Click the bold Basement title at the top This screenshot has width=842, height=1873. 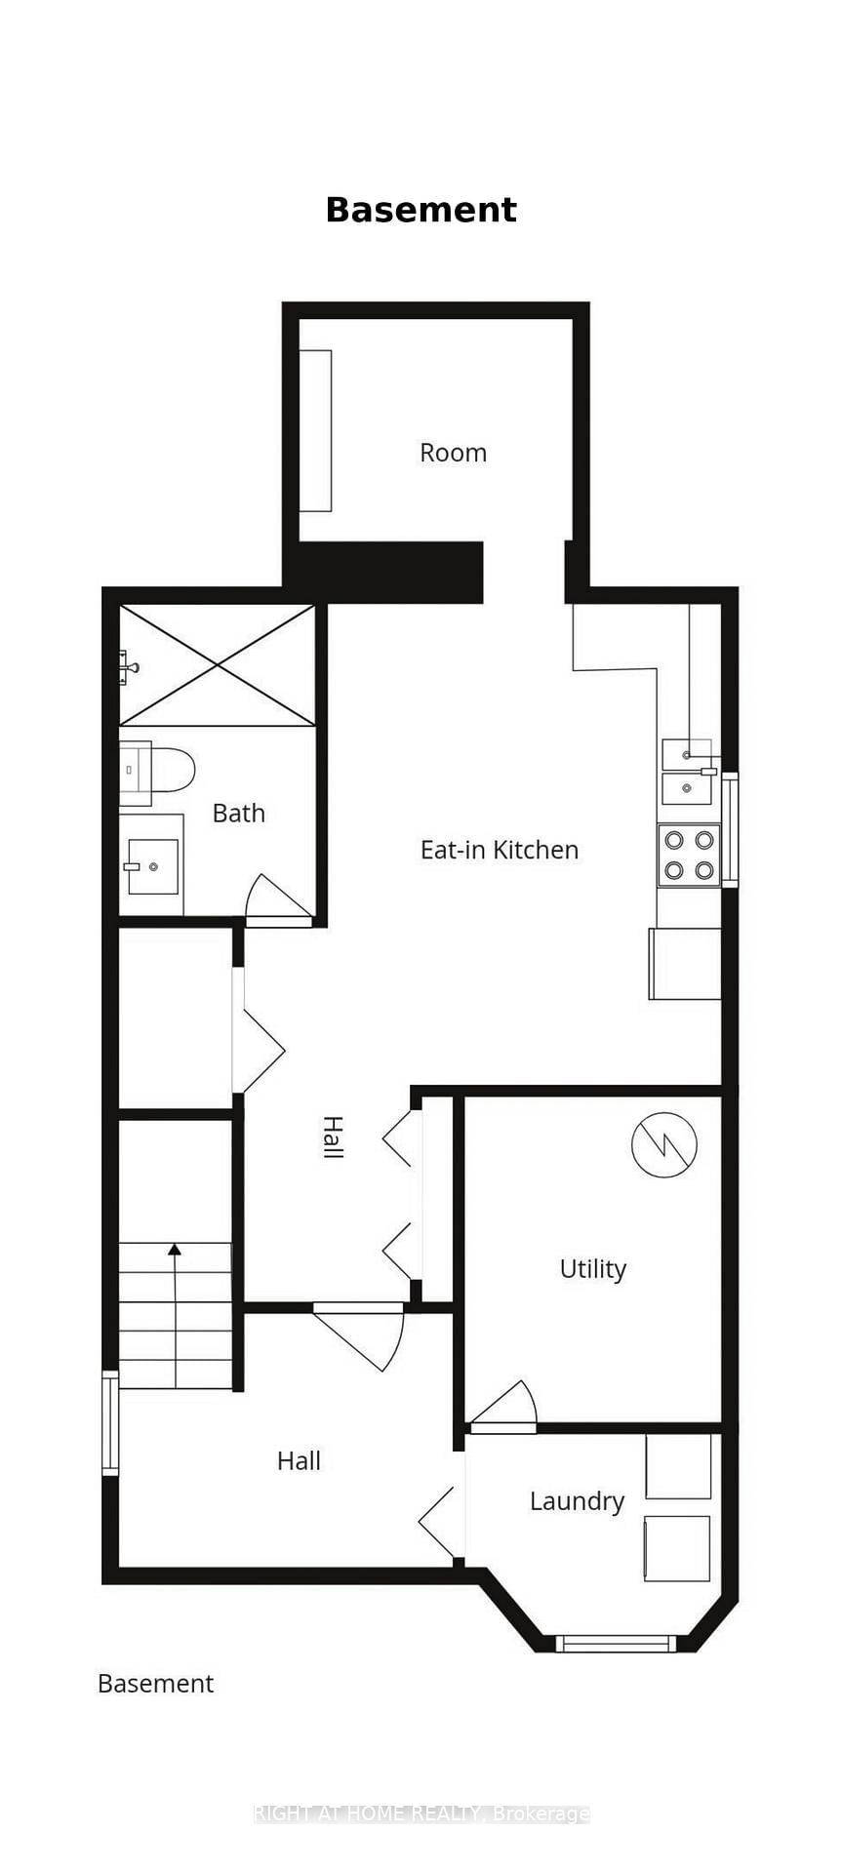pos(421,210)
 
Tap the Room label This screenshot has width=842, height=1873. pos(453,453)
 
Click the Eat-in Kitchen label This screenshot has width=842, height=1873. pos(499,850)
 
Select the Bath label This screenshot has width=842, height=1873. pos(238,813)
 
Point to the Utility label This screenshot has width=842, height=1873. pos(592,1269)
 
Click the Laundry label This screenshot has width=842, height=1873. pos(577,1501)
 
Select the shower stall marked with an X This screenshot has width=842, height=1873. pos(218,665)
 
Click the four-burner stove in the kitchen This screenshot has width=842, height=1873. pos(689,855)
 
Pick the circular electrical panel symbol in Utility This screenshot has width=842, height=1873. pos(664,1143)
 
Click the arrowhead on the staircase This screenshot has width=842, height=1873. pos(175,1250)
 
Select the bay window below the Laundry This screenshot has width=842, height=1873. pos(616,1644)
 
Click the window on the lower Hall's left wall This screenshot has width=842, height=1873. pos(110,1422)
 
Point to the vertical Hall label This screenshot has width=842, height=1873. pos(333,1137)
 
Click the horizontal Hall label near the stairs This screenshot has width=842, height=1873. pos(299,1460)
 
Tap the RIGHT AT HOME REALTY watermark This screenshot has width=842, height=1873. pos(421,1813)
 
